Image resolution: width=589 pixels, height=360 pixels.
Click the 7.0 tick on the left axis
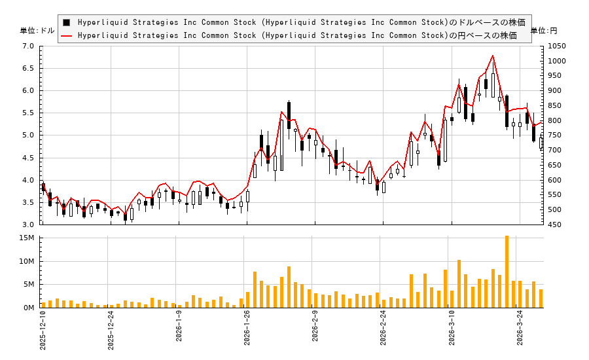[28, 46]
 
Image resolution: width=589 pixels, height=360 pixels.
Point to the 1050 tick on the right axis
[558, 46]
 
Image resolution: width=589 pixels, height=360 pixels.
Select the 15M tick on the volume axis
[27, 238]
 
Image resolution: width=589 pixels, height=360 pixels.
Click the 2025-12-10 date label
[43, 331]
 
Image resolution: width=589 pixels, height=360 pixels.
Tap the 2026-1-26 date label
[247, 331]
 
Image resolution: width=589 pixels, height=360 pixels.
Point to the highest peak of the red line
[493, 56]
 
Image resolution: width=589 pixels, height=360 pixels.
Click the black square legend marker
[66, 22]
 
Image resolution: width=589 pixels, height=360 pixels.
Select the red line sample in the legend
[66, 35]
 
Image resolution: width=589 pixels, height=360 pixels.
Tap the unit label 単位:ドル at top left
[38, 31]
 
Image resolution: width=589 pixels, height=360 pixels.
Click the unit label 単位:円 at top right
[544, 31]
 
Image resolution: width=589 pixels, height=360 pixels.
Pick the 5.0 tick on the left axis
[28, 135]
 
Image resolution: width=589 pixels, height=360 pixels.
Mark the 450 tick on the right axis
[555, 225]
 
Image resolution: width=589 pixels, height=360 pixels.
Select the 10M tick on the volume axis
[27, 262]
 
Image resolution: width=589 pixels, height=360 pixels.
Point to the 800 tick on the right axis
[555, 121]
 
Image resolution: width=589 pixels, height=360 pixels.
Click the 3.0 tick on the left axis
[28, 225]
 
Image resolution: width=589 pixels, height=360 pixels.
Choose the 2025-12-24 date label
[111, 331]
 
